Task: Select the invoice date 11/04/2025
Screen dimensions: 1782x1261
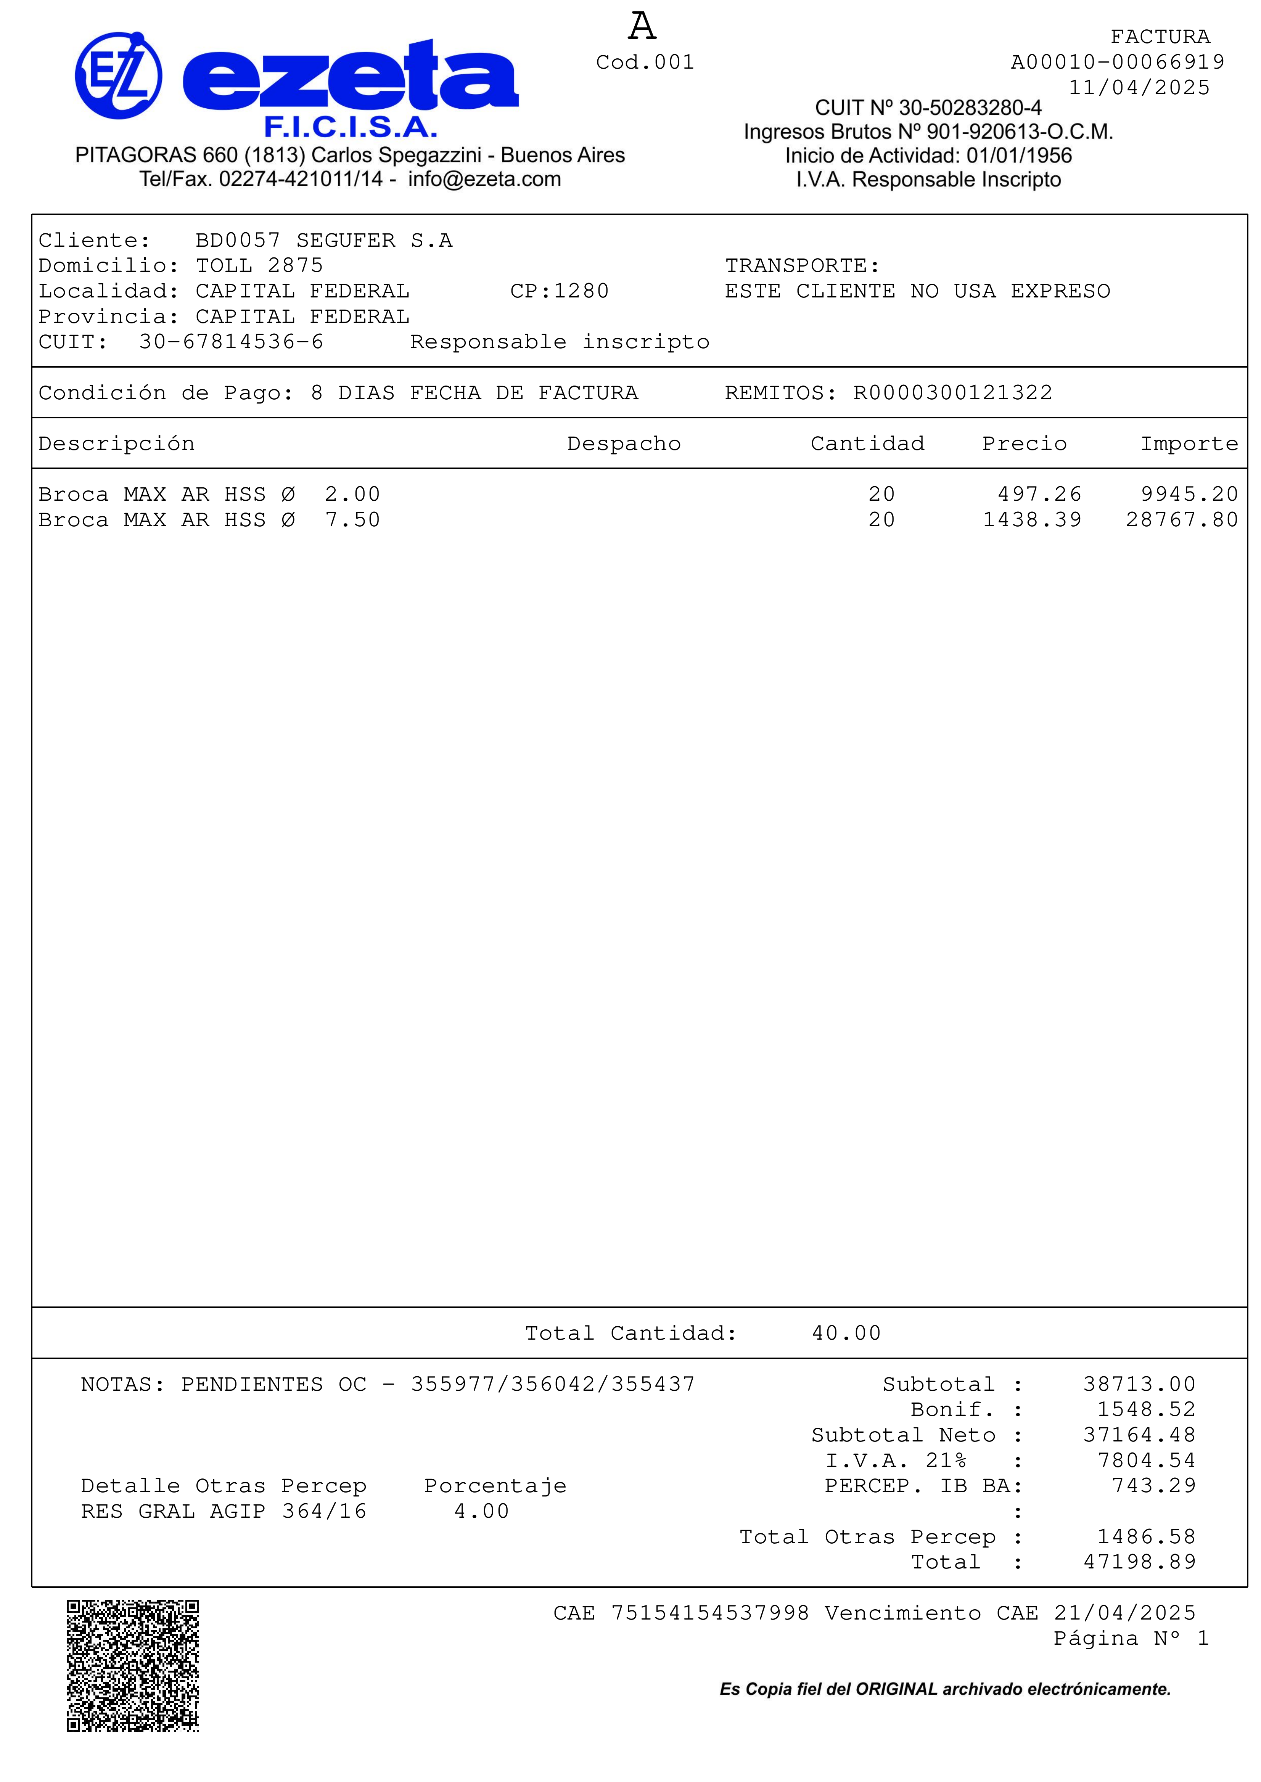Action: pyautogui.click(x=1138, y=88)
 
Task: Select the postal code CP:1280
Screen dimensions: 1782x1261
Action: pyautogui.click(x=559, y=291)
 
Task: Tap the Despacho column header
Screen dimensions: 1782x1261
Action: pyautogui.click(x=624, y=444)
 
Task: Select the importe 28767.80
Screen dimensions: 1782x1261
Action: pyautogui.click(x=1181, y=520)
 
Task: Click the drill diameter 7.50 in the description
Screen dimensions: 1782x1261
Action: pyautogui.click(x=352, y=520)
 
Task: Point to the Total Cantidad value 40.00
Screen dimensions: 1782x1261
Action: pyautogui.click(x=846, y=1334)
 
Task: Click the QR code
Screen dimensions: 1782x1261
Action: pyautogui.click(x=133, y=1666)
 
